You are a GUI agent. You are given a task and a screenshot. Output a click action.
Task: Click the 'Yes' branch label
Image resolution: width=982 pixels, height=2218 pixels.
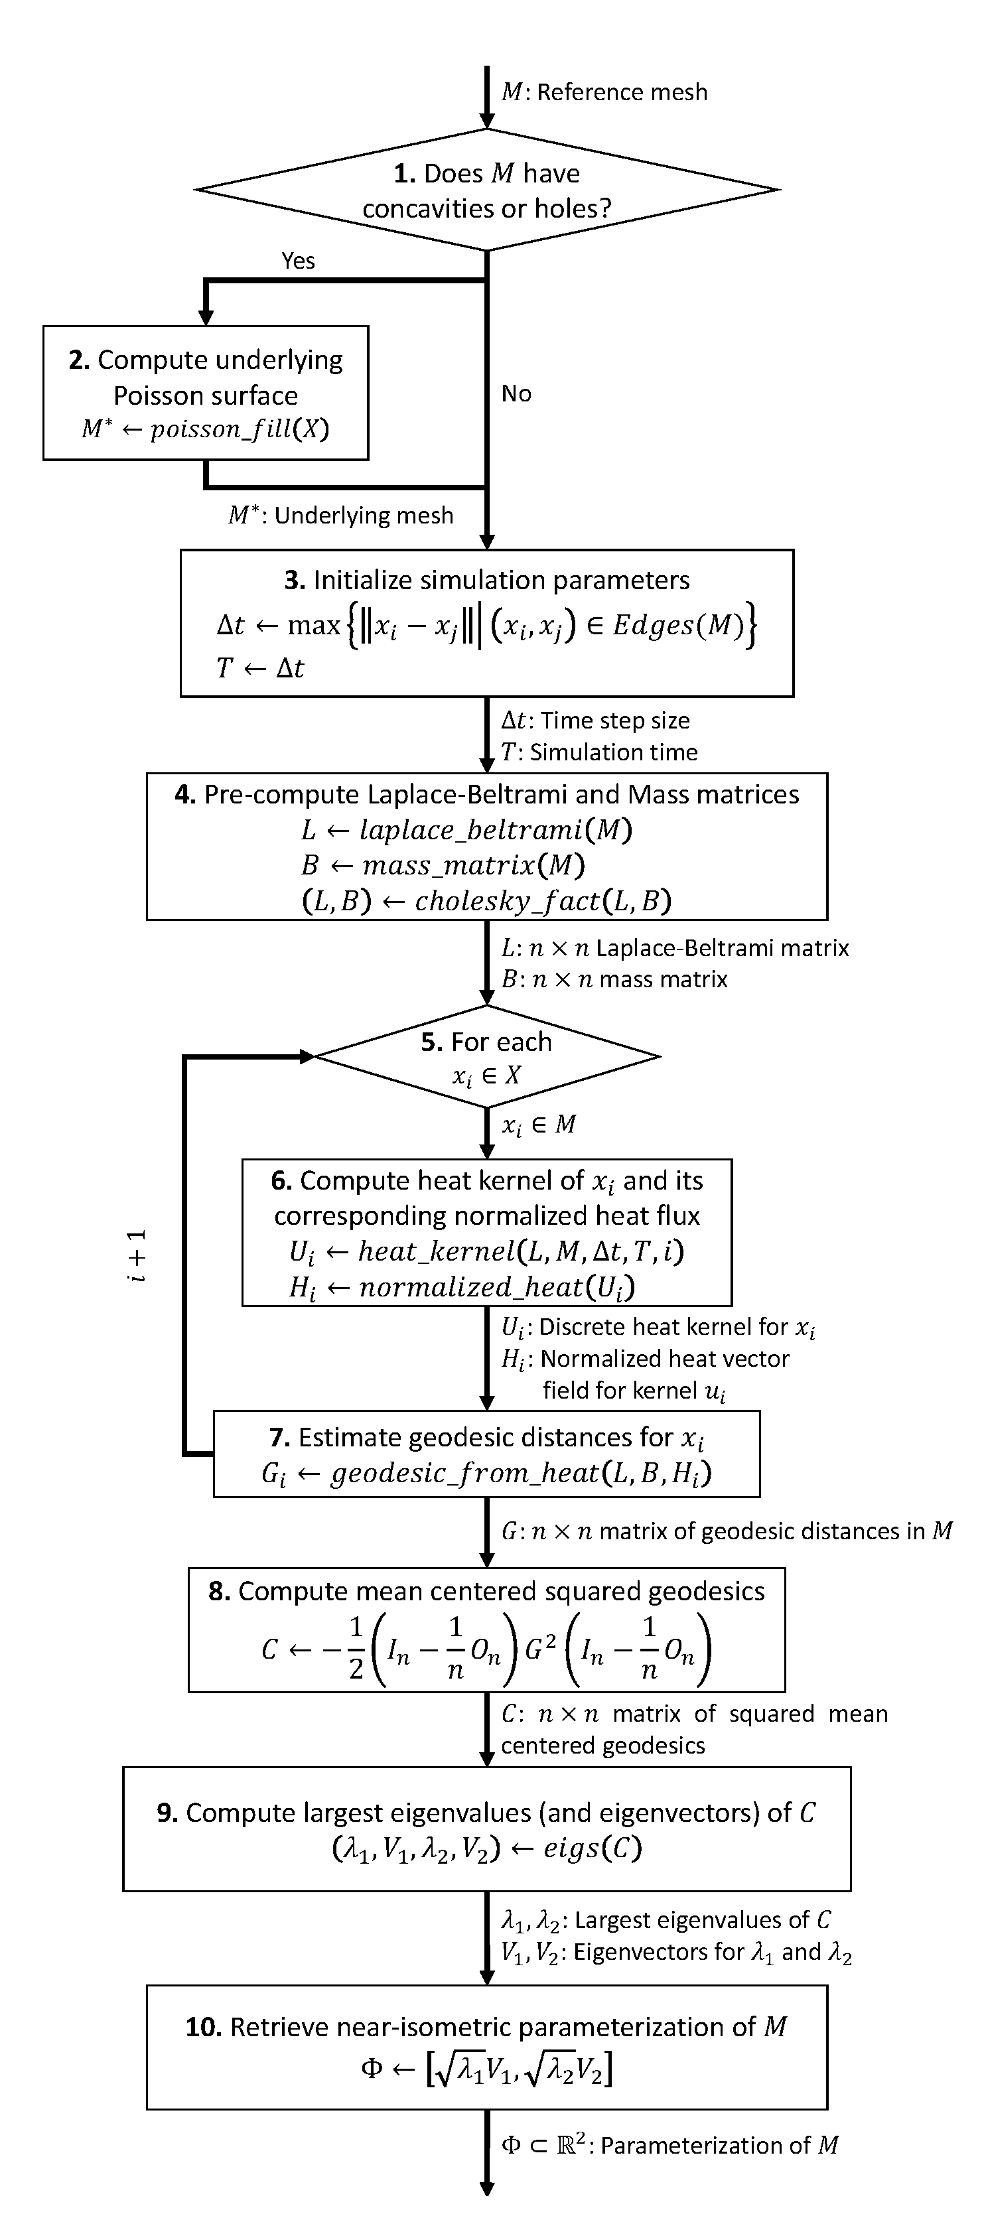298,261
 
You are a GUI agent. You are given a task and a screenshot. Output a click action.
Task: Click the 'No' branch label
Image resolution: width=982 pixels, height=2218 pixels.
516,393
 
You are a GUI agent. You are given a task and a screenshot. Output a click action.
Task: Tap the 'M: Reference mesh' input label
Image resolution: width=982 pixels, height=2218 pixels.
604,92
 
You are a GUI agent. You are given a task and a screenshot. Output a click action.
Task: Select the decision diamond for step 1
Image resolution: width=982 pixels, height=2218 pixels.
487,190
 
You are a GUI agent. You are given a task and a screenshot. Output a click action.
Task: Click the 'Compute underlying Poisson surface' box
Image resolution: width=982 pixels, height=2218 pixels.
206,393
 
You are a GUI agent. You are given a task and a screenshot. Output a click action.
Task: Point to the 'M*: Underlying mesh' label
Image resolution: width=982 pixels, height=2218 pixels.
340,515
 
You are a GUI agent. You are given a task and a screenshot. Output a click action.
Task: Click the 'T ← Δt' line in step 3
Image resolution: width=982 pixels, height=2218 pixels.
260,668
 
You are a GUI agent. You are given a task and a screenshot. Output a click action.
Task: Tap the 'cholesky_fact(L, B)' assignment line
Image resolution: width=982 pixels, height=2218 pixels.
487,900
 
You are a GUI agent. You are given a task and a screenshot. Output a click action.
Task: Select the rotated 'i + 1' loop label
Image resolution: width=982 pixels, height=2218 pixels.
137,1256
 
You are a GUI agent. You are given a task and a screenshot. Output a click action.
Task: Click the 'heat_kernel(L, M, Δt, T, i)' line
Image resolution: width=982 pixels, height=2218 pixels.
487,1251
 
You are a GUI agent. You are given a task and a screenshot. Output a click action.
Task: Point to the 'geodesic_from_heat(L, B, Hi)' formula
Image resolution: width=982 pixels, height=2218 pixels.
487,1473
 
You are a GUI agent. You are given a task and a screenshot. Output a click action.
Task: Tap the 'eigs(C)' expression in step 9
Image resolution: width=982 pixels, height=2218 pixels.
592,1848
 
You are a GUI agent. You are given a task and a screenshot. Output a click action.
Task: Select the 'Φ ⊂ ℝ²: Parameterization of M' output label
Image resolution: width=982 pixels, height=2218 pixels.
670,2145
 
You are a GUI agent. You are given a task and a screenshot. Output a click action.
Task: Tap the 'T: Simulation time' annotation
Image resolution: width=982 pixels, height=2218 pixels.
600,752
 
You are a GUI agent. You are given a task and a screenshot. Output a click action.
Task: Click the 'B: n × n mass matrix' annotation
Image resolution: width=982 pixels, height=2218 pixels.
614,979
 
